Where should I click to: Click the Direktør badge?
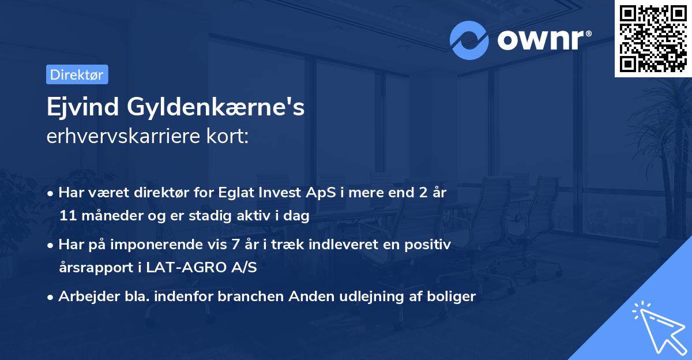tap(77, 74)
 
